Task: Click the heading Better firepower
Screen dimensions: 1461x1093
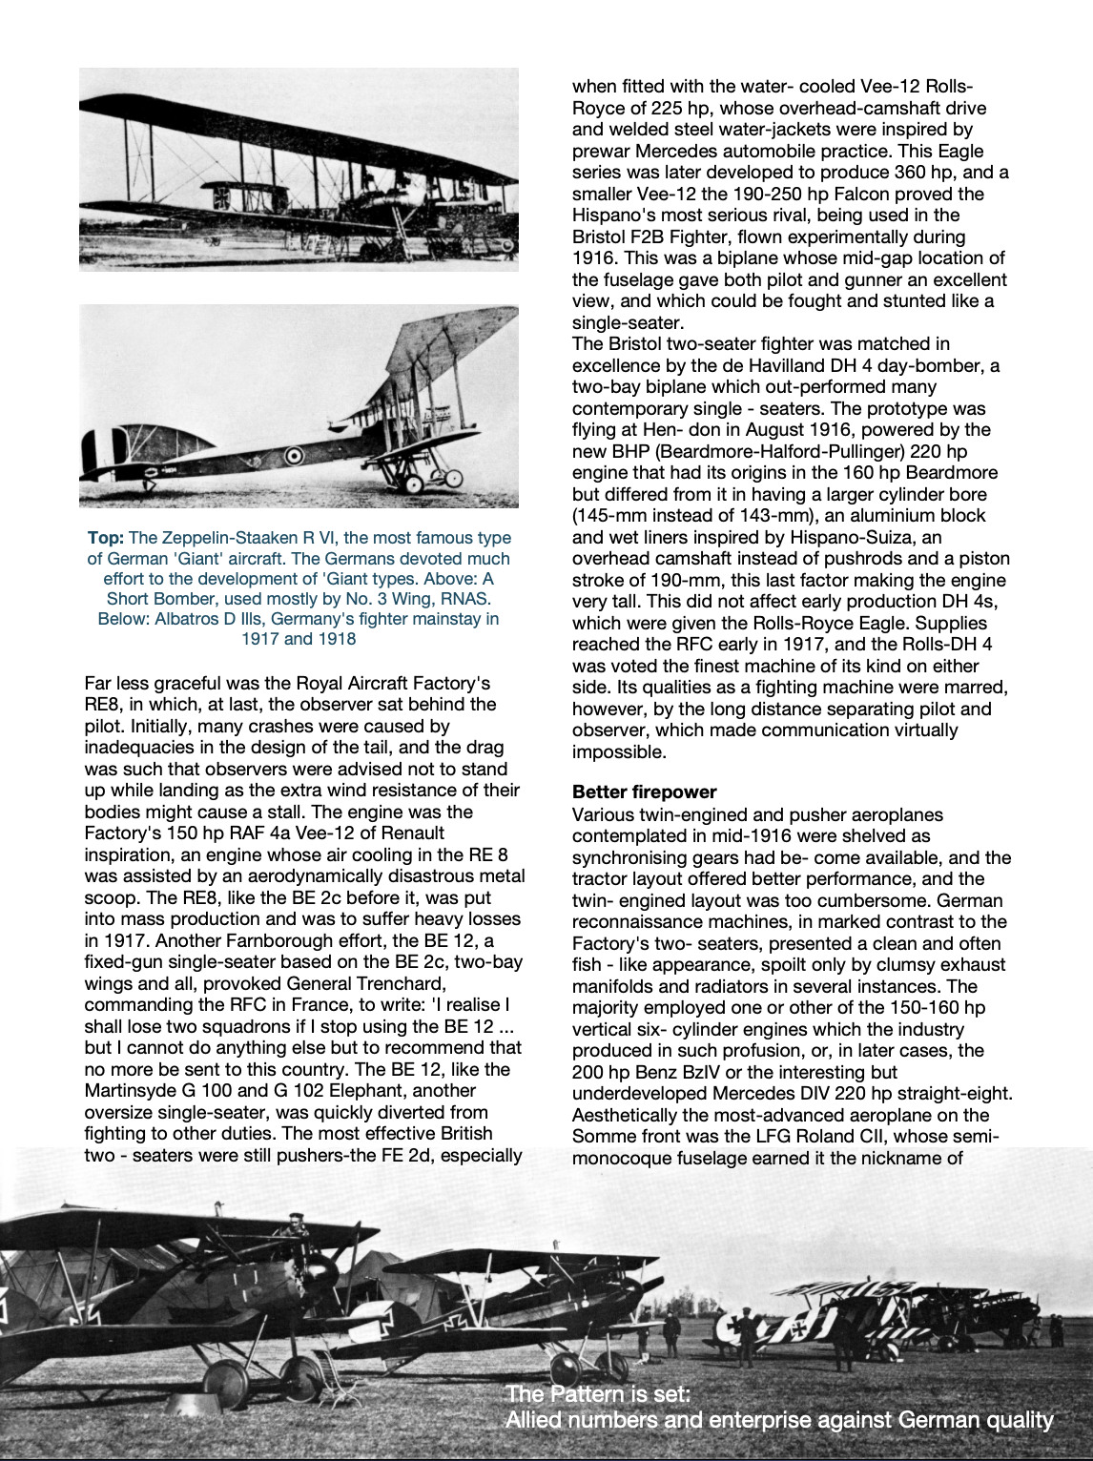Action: click(644, 792)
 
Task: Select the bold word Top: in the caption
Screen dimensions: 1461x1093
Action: click(105, 539)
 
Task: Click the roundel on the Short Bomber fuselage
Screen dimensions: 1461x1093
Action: click(295, 456)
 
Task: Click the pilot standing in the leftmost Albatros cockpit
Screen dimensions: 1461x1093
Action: click(295, 1225)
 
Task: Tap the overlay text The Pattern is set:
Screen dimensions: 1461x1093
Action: click(598, 1394)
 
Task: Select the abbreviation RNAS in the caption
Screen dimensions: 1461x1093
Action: click(464, 599)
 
